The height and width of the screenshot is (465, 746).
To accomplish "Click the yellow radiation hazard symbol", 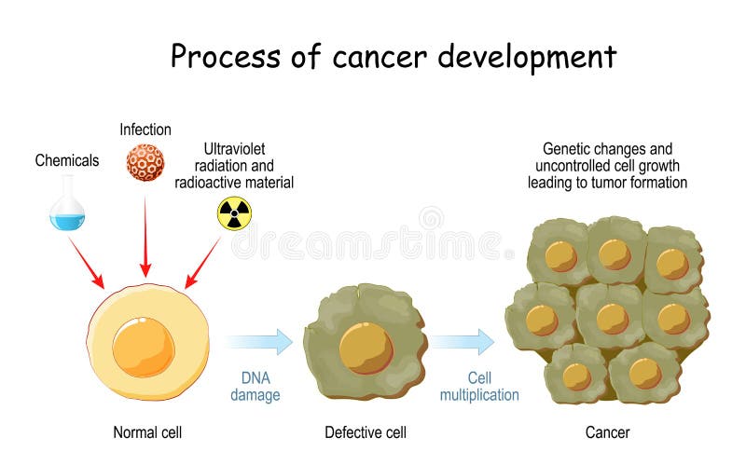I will [234, 213].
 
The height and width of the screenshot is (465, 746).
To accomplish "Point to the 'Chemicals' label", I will [67, 160].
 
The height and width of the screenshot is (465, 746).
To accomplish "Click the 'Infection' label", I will [145, 130].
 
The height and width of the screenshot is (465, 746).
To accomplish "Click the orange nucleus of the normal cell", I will [143, 346].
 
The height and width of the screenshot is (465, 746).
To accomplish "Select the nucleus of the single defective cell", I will [366, 348].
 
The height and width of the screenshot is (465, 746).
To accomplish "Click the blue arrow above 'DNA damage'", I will [258, 342].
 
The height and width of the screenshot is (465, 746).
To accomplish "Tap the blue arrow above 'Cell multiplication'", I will [462, 342].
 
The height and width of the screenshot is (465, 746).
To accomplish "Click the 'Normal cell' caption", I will [147, 432].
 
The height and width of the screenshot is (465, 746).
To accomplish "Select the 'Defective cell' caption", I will [366, 432].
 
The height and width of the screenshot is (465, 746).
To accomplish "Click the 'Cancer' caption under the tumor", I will [607, 432].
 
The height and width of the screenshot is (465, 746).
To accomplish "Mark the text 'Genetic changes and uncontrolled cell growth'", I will [607, 157].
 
